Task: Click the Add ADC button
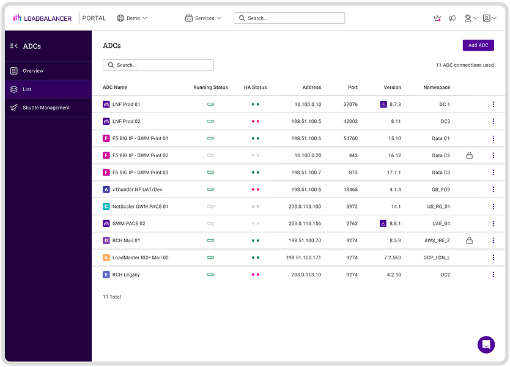pos(478,45)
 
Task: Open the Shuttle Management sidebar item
pos(46,108)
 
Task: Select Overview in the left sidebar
pos(33,71)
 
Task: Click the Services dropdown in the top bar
pos(204,18)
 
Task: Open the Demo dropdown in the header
pos(132,18)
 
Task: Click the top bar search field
pos(289,18)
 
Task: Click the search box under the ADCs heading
pos(158,65)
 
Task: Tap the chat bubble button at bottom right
pos(486,344)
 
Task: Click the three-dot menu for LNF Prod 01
pos(493,105)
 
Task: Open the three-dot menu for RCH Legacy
pos(493,275)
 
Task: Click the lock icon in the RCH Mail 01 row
pos(469,241)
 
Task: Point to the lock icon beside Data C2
pos(469,156)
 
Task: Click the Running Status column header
pos(210,87)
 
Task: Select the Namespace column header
pos(437,87)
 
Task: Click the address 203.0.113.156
pos(305,224)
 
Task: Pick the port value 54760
pos(350,139)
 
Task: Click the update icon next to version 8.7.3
pos(383,105)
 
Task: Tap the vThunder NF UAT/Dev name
pos(137,190)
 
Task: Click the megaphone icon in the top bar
pos(453,18)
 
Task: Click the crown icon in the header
pos(437,18)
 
